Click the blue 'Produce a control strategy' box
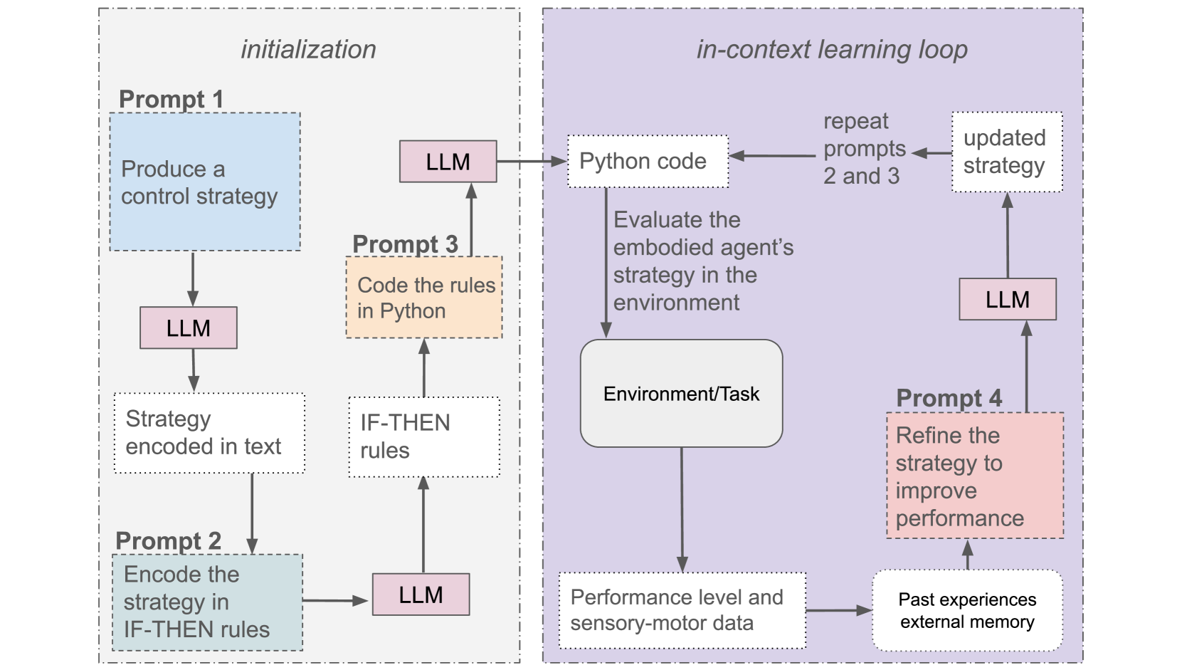click(x=205, y=182)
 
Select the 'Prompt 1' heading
click(x=171, y=99)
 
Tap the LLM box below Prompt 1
click(x=189, y=328)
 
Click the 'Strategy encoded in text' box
click(x=209, y=433)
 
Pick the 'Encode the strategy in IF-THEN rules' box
click(x=207, y=602)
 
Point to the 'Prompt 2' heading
click(x=169, y=541)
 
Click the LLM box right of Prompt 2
click(x=421, y=595)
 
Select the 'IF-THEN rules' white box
click(x=424, y=437)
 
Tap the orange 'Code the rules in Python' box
click(x=424, y=297)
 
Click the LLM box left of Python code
click(x=448, y=162)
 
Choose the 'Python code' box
click(x=648, y=161)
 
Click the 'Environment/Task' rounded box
click(x=681, y=393)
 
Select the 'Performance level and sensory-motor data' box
click(x=682, y=611)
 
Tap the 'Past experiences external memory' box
click(x=967, y=610)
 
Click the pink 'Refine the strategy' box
click(x=975, y=476)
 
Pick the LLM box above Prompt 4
click(x=1008, y=299)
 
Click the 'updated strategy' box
click(x=1008, y=152)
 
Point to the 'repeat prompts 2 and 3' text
click(x=865, y=149)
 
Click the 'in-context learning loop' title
click(x=832, y=50)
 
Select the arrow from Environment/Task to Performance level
click(x=682, y=510)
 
